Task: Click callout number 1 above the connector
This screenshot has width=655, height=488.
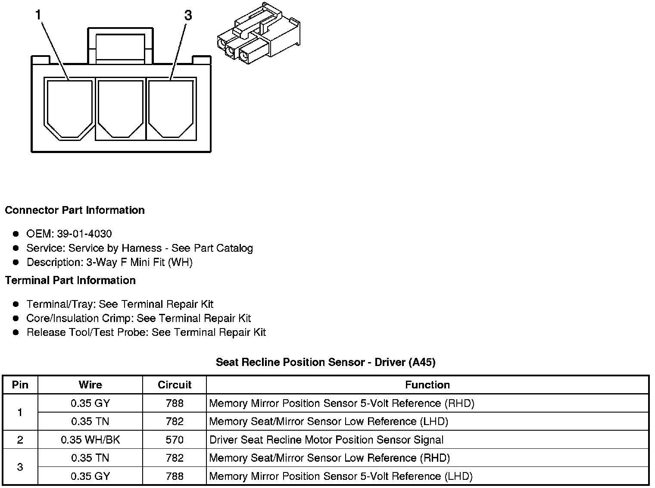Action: [x=38, y=16]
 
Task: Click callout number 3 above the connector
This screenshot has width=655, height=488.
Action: [x=188, y=16]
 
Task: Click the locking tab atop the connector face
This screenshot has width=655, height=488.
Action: [x=120, y=45]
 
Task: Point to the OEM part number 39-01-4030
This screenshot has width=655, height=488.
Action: [x=84, y=234]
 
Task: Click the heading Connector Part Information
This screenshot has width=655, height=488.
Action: [x=75, y=210]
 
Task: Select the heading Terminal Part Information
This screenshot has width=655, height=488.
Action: [x=70, y=281]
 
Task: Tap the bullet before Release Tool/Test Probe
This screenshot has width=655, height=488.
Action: [x=16, y=332]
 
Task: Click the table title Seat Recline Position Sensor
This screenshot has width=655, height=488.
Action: [x=325, y=362]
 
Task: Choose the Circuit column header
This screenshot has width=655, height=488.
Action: [x=175, y=385]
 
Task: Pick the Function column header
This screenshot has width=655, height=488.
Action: [x=427, y=385]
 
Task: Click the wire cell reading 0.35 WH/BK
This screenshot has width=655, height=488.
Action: [x=90, y=440]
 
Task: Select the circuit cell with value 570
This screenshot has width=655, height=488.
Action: [x=175, y=440]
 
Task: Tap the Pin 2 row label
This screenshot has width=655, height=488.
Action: [x=20, y=440]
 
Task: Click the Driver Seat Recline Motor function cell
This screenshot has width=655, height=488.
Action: [x=326, y=440]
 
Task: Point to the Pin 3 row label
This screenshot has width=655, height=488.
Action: [x=20, y=467]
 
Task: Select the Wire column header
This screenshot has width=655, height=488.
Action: [x=90, y=385]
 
